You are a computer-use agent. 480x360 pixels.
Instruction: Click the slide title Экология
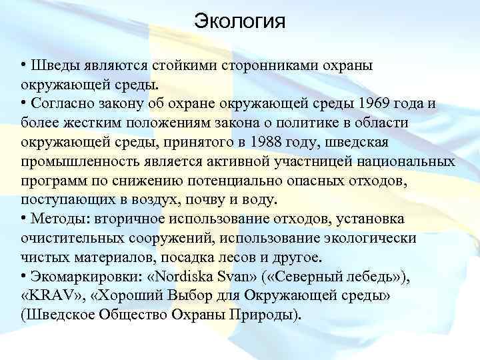[239, 21]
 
